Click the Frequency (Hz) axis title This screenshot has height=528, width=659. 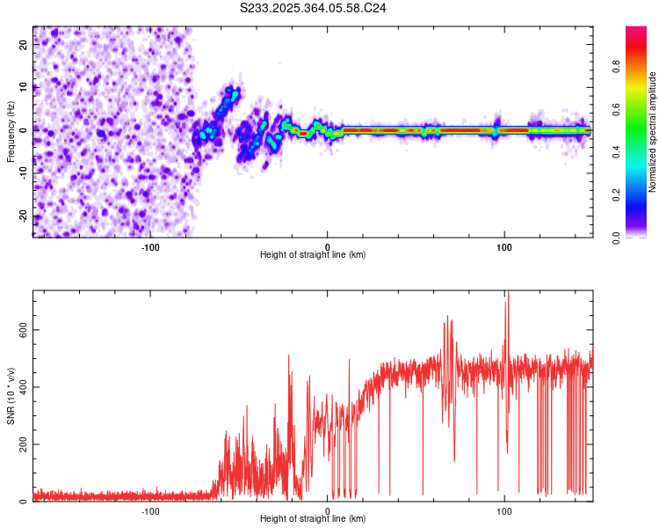(11, 130)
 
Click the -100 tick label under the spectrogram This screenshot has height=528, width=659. (150, 247)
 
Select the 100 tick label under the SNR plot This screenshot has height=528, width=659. (504, 511)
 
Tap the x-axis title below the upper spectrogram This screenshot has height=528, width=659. (313, 254)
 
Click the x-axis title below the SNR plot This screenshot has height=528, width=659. (313, 519)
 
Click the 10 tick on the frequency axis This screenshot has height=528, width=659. (24, 87)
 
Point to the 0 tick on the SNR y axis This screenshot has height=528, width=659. (25, 502)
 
